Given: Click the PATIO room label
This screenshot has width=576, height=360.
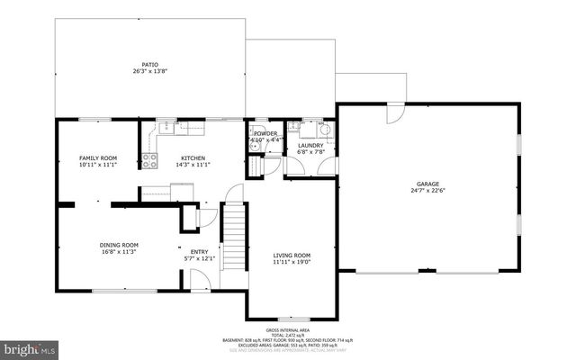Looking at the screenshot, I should (150, 64).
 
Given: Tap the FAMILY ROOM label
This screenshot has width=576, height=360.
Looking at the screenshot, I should (98, 158).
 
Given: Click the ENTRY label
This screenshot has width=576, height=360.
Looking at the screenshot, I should (199, 251).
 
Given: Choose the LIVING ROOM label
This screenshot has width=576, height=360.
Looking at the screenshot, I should (292, 256).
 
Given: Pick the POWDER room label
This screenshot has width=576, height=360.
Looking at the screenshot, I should (265, 133).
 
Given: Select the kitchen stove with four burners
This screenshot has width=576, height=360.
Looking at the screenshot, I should (149, 162).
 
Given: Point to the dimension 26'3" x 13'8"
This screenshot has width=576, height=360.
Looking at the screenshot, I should (150, 70).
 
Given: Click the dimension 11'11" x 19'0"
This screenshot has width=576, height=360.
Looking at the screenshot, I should (292, 263).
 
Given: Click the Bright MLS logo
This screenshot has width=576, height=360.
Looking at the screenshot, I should (29, 346).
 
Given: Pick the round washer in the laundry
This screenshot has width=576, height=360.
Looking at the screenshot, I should (327, 130).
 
